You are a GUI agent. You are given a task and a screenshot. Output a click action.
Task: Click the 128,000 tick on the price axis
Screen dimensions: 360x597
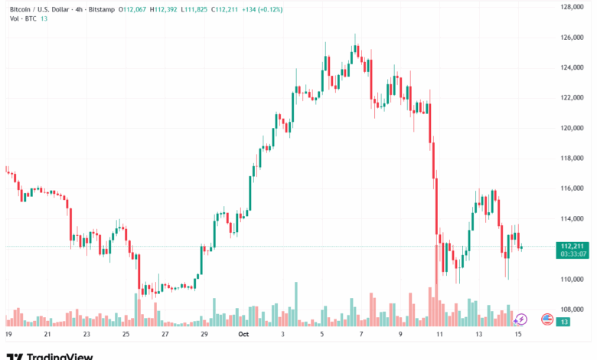(x=573, y=7)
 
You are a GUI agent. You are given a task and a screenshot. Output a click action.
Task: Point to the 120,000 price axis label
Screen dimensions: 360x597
(x=573, y=128)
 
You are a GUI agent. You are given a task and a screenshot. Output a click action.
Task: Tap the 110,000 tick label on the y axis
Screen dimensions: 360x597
(x=573, y=279)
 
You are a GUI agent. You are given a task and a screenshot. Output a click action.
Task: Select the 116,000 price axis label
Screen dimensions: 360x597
(x=573, y=188)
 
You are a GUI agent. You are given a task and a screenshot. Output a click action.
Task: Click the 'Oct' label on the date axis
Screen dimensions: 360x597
(x=243, y=335)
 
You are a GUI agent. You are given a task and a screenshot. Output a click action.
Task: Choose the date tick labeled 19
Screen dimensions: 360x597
(x=8, y=335)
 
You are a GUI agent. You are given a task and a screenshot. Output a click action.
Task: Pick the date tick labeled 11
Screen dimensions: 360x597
(x=439, y=335)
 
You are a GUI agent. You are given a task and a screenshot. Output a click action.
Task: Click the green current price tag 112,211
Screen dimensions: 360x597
(x=573, y=246)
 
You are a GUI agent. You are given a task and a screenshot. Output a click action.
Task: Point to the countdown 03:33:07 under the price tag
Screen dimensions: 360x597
(x=573, y=254)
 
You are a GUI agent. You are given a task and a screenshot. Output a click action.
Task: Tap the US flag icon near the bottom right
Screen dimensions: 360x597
(x=546, y=319)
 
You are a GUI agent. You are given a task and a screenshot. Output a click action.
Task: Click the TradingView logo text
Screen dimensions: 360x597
(x=60, y=356)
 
